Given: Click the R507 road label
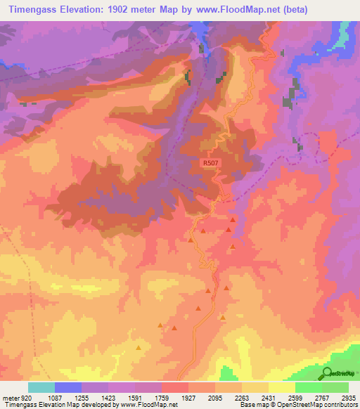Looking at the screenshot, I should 210,163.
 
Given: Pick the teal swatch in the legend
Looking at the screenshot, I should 41,387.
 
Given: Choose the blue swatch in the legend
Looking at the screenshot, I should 68,387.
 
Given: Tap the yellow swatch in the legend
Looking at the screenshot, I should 282,387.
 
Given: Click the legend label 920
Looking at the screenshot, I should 25,398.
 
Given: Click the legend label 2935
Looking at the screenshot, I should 348,398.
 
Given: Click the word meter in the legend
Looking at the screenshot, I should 10,398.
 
